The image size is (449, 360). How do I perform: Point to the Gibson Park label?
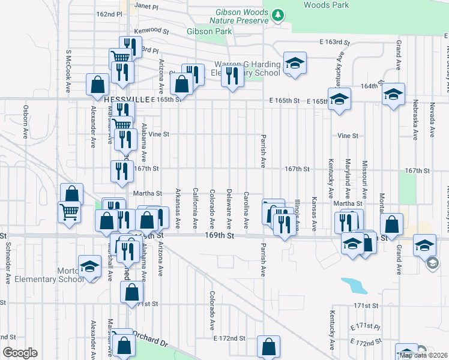204,31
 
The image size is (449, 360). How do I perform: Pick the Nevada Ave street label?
432,121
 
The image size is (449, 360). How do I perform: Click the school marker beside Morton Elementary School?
90,268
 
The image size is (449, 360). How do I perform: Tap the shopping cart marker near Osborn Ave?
69,211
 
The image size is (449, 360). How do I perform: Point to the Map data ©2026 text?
424,355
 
